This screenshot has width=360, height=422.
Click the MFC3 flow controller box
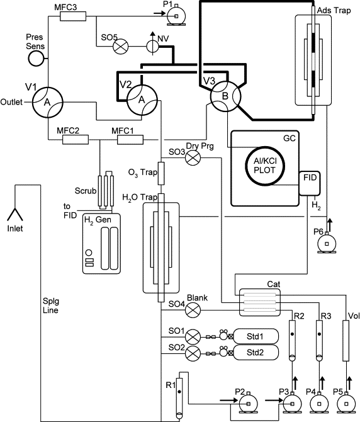(x=73, y=16)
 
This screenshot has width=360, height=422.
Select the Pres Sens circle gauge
(x=35, y=59)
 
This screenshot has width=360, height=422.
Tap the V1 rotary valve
(x=48, y=102)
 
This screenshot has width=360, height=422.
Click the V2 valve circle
(x=142, y=100)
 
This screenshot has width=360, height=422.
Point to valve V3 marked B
(x=225, y=96)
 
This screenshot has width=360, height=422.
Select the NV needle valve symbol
(x=153, y=46)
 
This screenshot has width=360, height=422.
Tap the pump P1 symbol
(x=176, y=16)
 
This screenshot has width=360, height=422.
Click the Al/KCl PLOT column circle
(x=265, y=166)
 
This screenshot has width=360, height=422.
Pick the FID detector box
(x=310, y=183)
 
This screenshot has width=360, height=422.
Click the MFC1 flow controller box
(x=130, y=140)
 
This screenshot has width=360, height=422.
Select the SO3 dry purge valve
(x=193, y=157)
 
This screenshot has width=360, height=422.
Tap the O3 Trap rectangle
(x=160, y=173)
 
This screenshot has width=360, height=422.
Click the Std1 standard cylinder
(x=256, y=336)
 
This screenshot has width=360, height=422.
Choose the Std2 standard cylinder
(x=256, y=352)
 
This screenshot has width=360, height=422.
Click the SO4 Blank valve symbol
(x=193, y=310)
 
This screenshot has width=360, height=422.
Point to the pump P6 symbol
(x=327, y=242)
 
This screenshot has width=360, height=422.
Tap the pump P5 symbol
(x=346, y=402)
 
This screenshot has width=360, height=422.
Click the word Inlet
(x=15, y=229)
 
